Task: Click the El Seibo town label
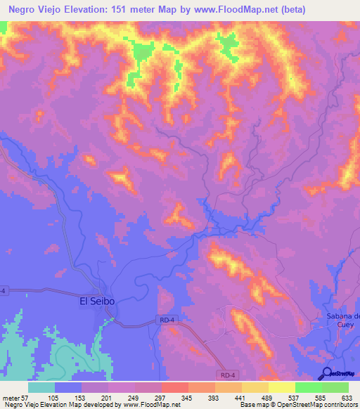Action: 96,301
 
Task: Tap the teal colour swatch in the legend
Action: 41,387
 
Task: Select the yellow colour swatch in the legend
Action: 281,387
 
